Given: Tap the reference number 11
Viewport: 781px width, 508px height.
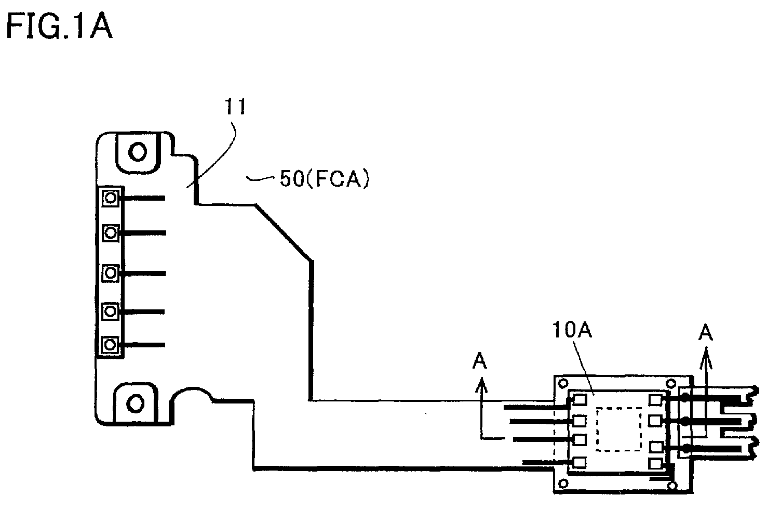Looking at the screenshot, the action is tap(236, 106).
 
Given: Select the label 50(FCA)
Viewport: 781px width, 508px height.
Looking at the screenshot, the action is tap(324, 179).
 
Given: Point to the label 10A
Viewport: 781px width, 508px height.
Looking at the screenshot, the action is tap(572, 330).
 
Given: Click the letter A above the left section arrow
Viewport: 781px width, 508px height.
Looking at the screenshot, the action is tap(480, 361).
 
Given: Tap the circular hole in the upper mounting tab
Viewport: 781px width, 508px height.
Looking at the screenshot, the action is tap(138, 151).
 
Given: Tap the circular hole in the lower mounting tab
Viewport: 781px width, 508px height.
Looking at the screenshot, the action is tap(136, 403).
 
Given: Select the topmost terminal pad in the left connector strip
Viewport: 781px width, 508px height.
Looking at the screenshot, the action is tap(111, 198).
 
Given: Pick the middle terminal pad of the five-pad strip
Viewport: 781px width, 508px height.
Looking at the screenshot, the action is tap(111, 273).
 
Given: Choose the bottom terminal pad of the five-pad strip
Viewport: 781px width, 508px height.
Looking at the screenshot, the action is tap(110, 345).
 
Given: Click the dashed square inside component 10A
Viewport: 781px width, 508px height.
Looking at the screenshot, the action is tap(619, 429).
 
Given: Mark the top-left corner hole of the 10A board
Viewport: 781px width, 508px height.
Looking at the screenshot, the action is tap(563, 383).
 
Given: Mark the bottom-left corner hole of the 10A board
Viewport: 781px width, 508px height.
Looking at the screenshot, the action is tap(563, 484).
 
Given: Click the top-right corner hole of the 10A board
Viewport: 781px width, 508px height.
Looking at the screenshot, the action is tap(671, 383).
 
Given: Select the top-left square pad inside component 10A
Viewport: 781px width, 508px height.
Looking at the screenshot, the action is tap(580, 399).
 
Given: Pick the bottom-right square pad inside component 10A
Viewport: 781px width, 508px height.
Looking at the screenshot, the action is tap(655, 463).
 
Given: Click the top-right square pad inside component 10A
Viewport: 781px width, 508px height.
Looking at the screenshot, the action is tap(655, 400).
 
